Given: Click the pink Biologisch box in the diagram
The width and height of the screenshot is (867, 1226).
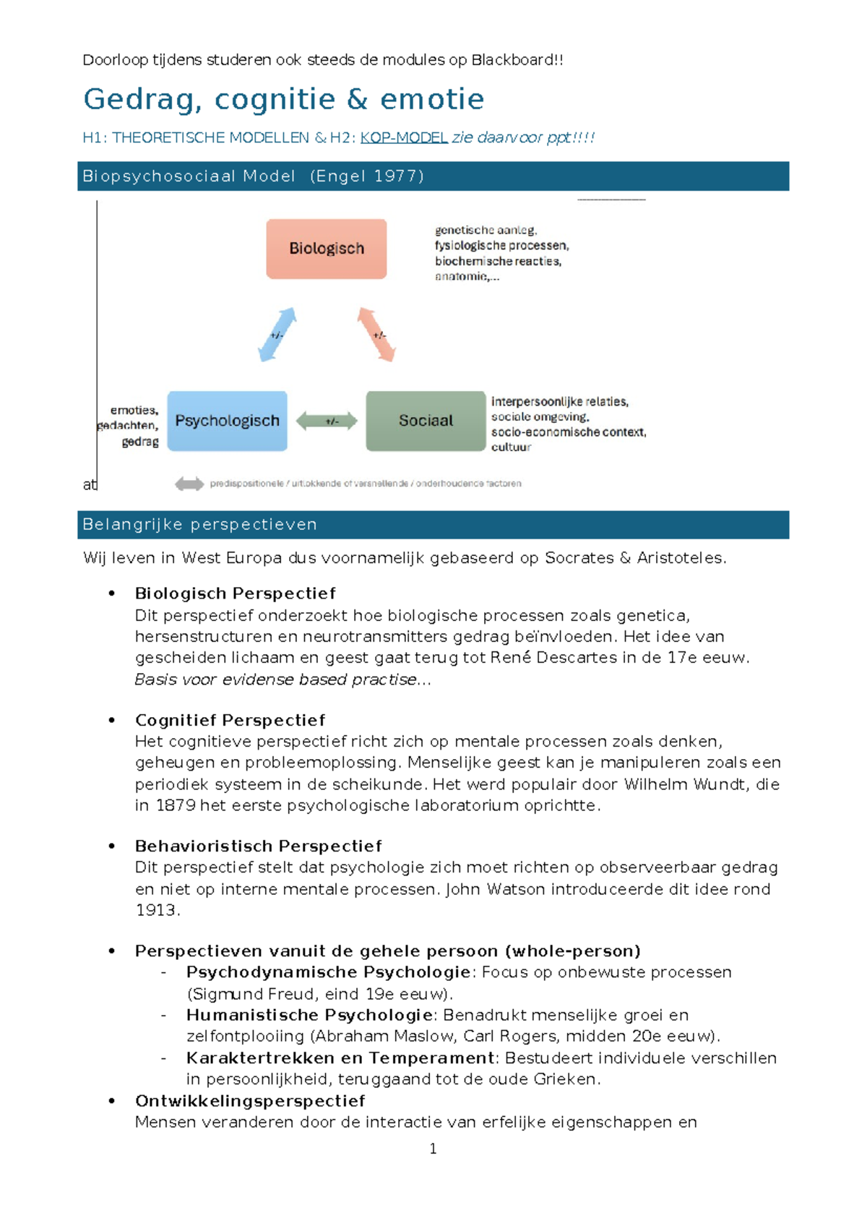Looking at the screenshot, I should click(x=327, y=249).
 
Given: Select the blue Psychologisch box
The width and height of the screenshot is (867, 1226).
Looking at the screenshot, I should click(x=227, y=421).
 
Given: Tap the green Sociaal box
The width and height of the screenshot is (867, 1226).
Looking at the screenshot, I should click(x=426, y=421).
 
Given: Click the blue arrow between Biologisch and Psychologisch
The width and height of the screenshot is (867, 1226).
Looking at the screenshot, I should click(x=277, y=335).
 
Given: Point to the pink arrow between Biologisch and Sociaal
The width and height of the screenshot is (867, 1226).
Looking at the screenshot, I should click(x=377, y=335).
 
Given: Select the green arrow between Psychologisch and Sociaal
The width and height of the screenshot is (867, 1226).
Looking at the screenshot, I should click(x=327, y=421).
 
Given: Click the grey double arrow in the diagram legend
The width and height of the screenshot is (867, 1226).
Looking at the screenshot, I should click(x=189, y=484).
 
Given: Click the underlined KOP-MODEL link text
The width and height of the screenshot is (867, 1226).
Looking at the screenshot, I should click(x=404, y=137).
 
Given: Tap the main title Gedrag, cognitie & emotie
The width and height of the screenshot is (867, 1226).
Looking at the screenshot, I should click(x=283, y=99).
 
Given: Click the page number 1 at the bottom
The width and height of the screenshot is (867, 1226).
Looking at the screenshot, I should click(x=433, y=1149).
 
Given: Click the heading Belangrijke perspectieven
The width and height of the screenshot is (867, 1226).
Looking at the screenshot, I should click(x=199, y=524).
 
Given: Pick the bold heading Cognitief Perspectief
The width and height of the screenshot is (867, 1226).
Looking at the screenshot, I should click(x=230, y=720).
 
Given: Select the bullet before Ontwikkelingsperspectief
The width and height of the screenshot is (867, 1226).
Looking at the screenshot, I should click(x=112, y=1100).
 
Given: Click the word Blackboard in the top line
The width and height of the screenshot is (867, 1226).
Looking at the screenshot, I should click(x=512, y=60).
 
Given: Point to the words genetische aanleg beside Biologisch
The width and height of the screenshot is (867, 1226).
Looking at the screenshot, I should click(x=485, y=230).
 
